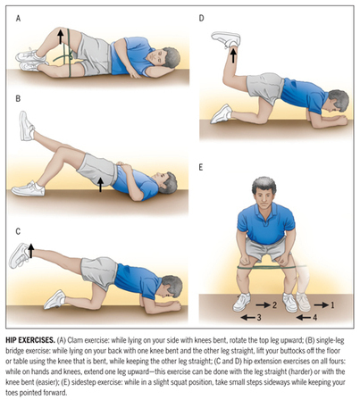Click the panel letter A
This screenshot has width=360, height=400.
[x=19, y=19]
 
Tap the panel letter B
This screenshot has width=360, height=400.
[x=18, y=98]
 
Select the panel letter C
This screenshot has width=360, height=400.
[x=18, y=231]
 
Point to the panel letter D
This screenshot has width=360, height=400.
[x=202, y=18]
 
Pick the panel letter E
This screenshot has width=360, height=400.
[x=201, y=168]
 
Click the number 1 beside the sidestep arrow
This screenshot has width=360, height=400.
[x=332, y=304]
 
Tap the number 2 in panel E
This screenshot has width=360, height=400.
[x=274, y=304]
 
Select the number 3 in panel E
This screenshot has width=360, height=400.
[x=259, y=318]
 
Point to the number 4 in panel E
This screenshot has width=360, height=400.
[x=314, y=318]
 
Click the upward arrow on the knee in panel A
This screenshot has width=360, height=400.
[x=61, y=37]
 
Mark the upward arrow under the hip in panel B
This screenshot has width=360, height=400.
[x=101, y=185]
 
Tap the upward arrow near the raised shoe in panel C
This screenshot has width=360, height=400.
[x=31, y=251]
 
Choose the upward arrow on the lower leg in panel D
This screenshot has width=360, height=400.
[x=233, y=55]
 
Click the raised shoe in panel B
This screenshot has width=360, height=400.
[x=26, y=126]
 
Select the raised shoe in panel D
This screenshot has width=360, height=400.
[x=226, y=39]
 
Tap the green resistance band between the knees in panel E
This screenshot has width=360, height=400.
[x=267, y=268]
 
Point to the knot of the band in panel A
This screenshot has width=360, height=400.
[x=71, y=55]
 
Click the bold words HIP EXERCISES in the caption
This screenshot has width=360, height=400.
[x=30, y=340]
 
